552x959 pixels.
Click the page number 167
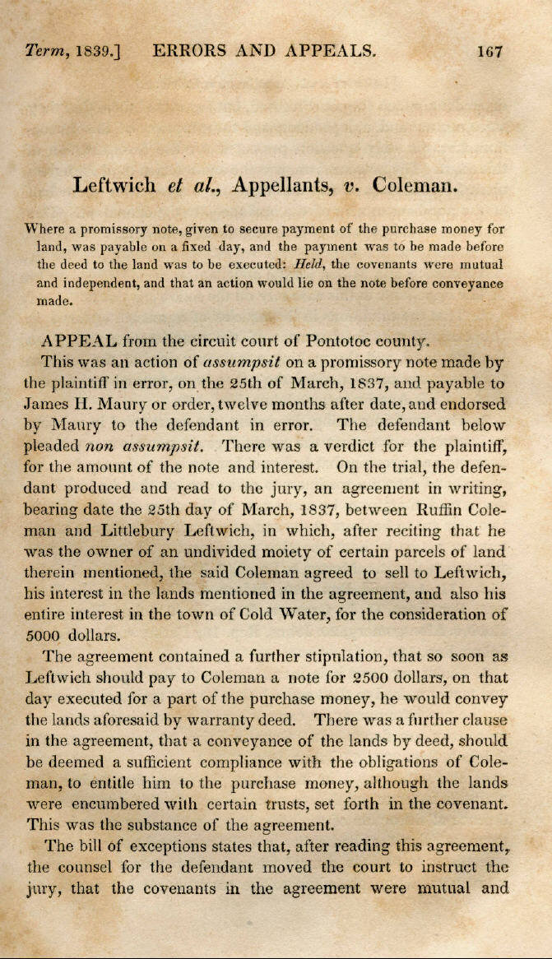point(489,51)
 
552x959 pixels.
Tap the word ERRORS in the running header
point(190,51)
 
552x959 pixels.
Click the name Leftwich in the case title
point(114,184)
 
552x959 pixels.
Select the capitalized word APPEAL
point(75,339)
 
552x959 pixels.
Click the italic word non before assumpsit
point(103,447)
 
